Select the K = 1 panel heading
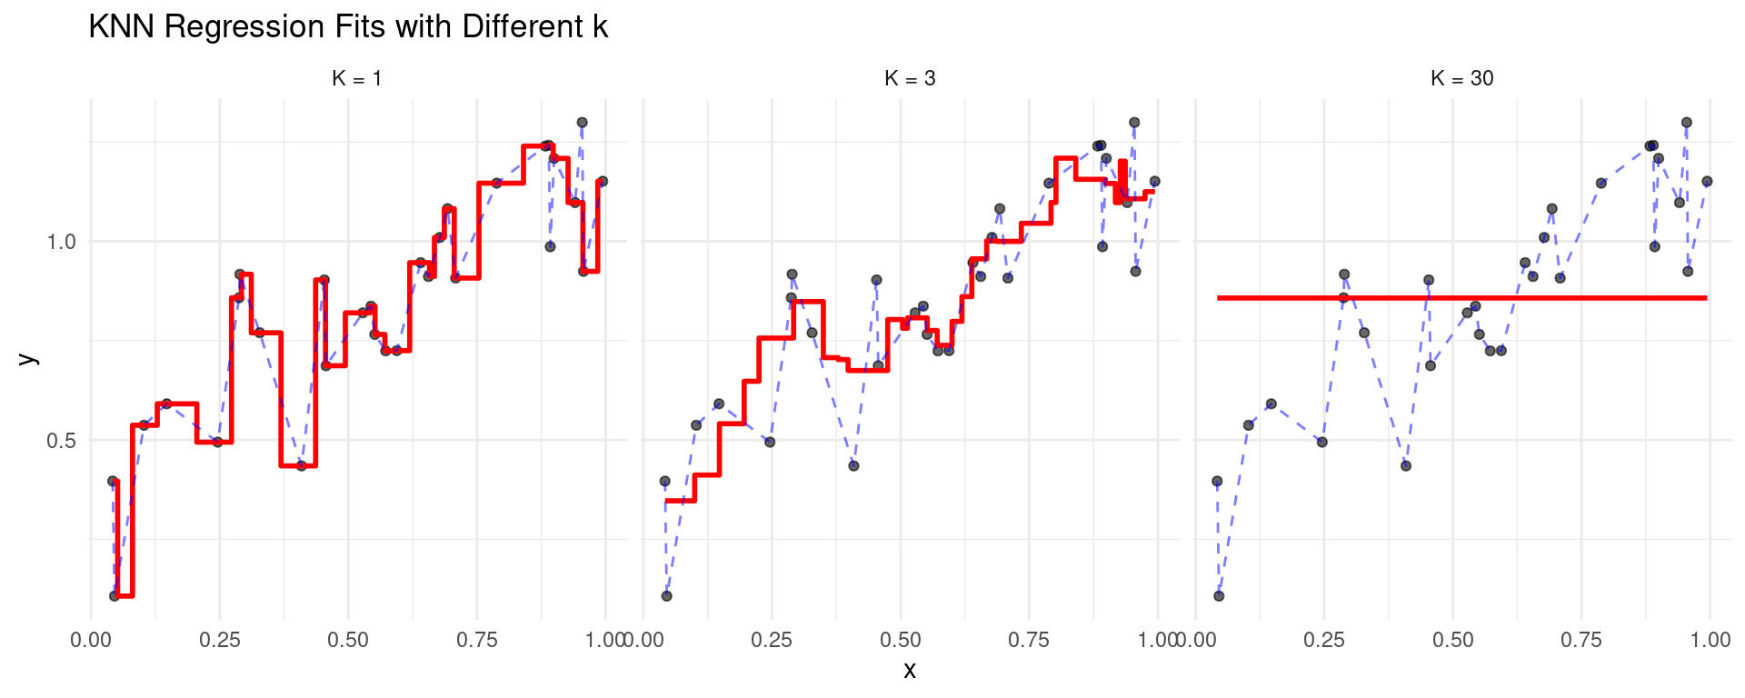click(x=357, y=79)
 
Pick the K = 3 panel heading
click(x=910, y=79)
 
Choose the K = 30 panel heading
click(x=1461, y=79)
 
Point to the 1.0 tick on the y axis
click(x=62, y=242)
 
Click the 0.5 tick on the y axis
click(x=62, y=441)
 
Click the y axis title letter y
click(x=29, y=358)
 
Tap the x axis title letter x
click(x=910, y=672)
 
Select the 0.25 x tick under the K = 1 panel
click(x=219, y=641)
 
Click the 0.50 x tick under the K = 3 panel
click(x=901, y=641)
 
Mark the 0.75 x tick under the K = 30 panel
click(x=1581, y=641)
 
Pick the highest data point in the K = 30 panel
click(x=1687, y=123)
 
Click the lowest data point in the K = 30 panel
click(x=1219, y=596)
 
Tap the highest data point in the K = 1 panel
click(x=583, y=123)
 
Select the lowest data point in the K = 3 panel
click(x=667, y=596)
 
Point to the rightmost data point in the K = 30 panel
click(x=1707, y=182)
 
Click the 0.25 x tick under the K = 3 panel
click(x=772, y=641)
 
